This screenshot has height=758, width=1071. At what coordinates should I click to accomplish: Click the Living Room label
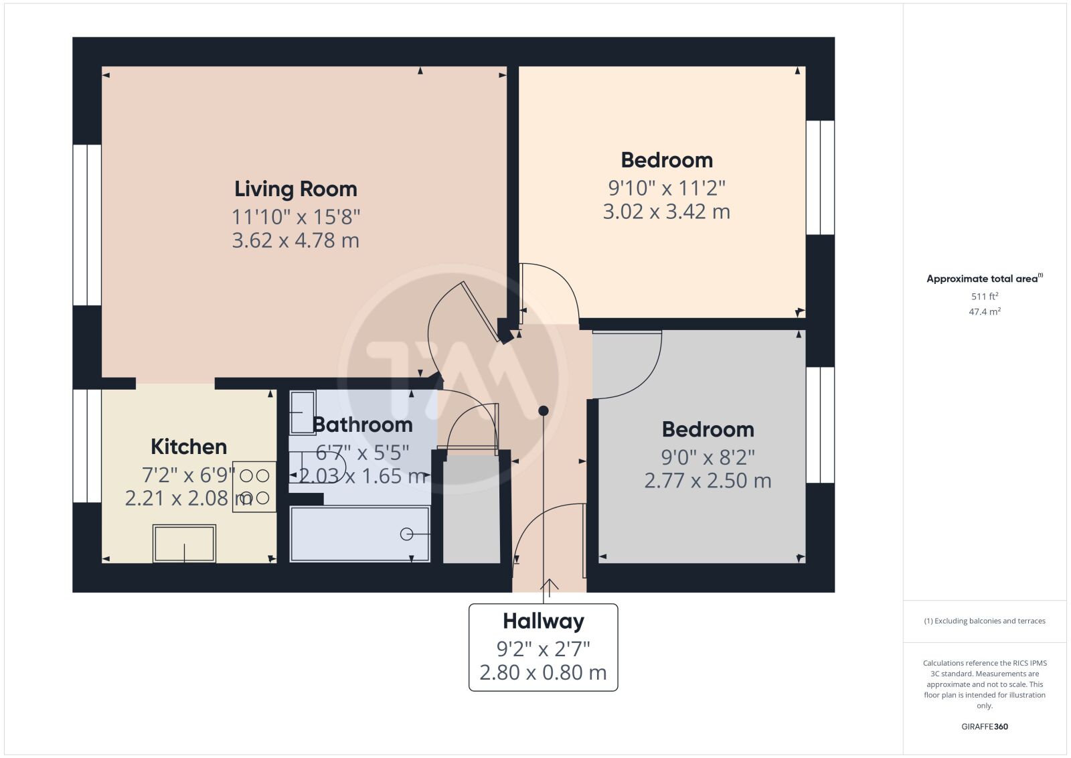click(295, 189)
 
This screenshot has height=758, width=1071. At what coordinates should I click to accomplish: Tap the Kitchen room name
click(189, 447)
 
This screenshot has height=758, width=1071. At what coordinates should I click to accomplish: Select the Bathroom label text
click(362, 425)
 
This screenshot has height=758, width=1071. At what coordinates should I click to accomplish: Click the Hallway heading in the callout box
click(543, 621)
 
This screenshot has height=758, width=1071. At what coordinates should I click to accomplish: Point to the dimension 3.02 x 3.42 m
click(667, 212)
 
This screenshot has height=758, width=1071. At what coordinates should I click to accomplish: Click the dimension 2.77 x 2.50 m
click(708, 481)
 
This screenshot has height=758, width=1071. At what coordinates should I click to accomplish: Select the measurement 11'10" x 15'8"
click(295, 217)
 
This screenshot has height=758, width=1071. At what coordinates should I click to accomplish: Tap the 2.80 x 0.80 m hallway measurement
click(543, 673)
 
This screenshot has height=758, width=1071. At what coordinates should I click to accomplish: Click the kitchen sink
click(184, 543)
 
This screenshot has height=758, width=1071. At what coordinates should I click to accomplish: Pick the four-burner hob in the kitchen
click(254, 487)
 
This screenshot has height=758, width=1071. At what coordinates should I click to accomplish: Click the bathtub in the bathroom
click(360, 534)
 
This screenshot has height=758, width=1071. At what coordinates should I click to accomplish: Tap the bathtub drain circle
click(406, 534)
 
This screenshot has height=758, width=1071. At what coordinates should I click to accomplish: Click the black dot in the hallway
click(543, 410)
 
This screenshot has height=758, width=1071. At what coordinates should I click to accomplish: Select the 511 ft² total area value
click(985, 296)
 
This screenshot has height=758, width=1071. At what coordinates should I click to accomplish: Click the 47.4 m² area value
click(985, 311)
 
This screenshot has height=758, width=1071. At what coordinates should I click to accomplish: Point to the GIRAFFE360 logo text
click(985, 727)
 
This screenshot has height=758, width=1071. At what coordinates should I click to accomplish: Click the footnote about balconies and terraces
click(985, 621)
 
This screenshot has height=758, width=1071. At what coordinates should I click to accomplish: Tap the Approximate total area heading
click(985, 279)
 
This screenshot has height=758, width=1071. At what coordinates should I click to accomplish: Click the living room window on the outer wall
click(87, 225)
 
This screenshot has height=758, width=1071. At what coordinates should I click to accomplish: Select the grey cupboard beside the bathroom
click(471, 509)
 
